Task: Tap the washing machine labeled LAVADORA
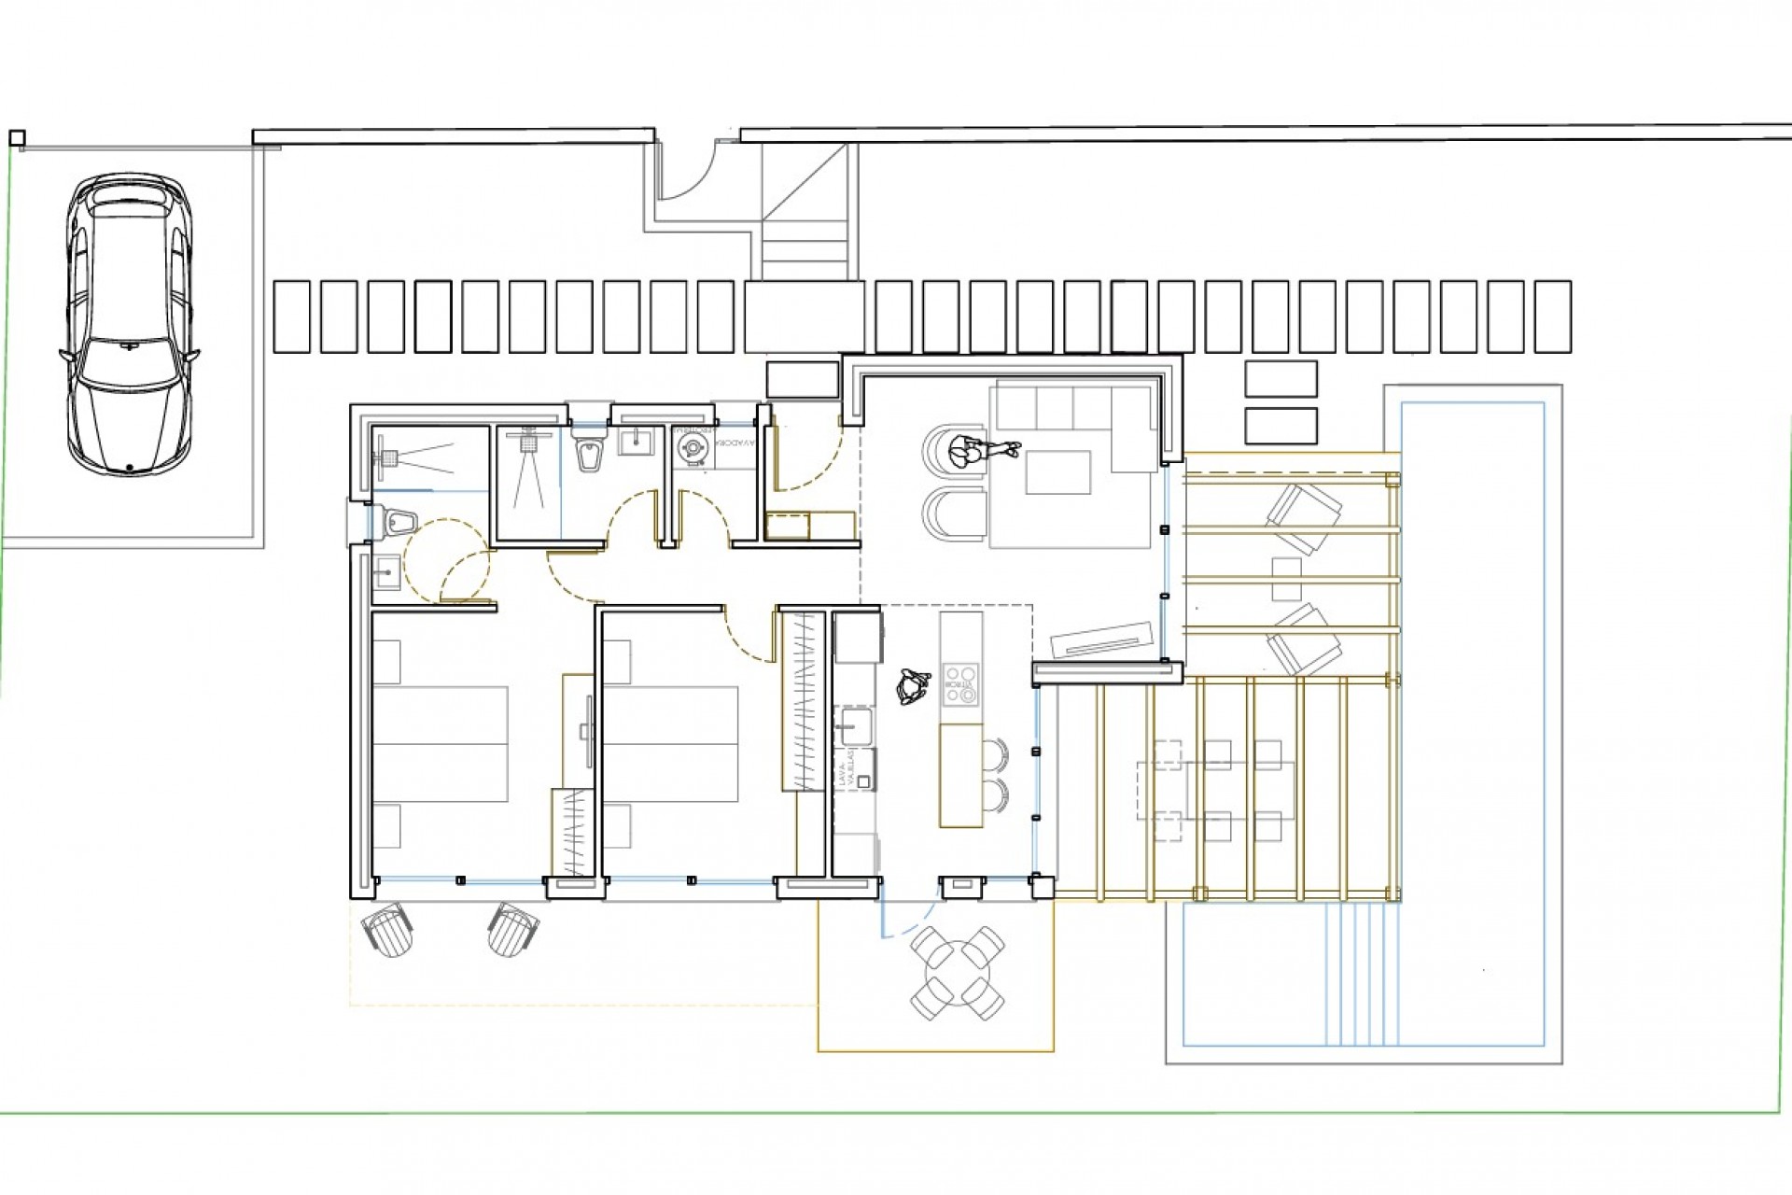[693, 447]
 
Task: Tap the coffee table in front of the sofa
[1057, 471]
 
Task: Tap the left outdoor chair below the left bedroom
[387, 929]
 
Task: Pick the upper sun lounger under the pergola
[1302, 518]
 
